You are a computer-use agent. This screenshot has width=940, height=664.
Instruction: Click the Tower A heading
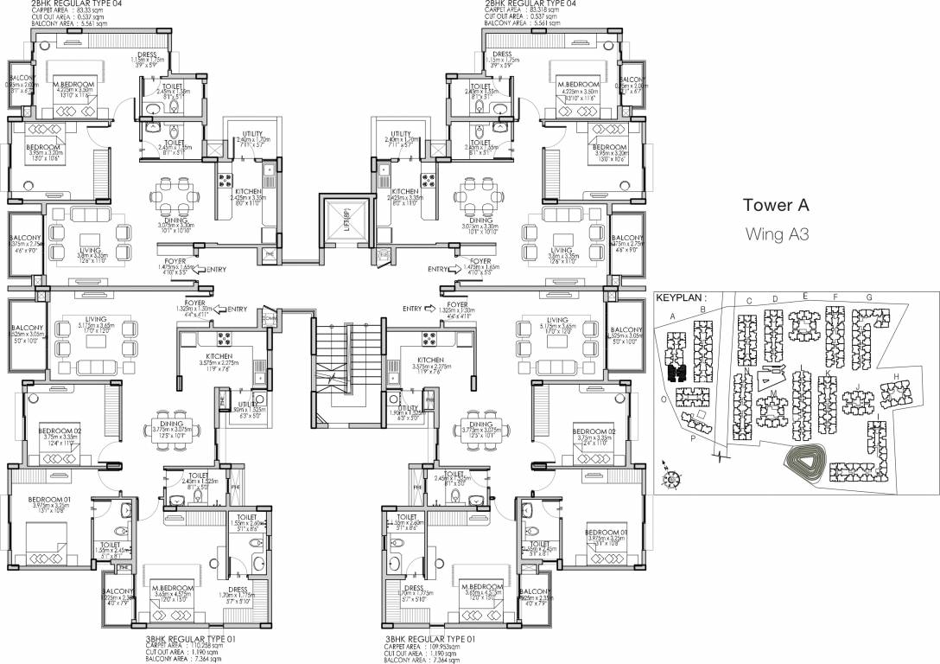coord(780,206)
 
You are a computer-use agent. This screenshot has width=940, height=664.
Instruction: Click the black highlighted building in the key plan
coord(678,373)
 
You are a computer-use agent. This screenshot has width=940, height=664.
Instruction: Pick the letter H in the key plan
coord(897,375)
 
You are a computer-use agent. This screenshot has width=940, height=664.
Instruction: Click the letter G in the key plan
coord(868,297)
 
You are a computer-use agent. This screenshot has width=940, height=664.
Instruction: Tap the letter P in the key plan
coord(693,439)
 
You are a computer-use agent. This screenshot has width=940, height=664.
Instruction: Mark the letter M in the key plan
coord(773,394)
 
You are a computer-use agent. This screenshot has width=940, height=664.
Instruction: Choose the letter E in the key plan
coord(804,297)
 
